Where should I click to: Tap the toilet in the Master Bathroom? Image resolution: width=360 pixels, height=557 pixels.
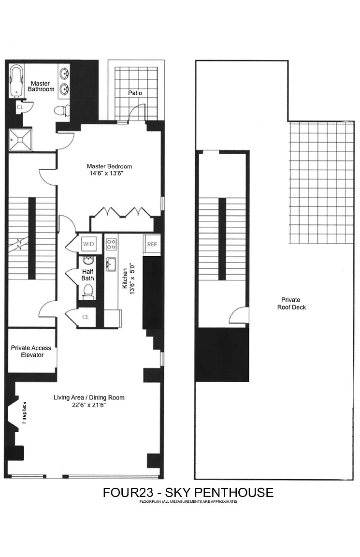pyautogui.click(x=62, y=110)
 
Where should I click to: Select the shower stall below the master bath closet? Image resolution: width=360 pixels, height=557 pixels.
pyautogui.click(x=20, y=140)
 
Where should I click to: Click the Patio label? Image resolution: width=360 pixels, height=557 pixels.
pyautogui.click(x=135, y=93)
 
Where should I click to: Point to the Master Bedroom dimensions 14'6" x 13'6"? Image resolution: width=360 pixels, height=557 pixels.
pyautogui.click(x=106, y=174)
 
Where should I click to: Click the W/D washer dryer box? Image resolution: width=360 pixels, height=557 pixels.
pyautogui.click(x=88, y=244)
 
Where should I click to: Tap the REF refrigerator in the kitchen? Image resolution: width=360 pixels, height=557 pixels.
pyautogui.click(x=152, y=244)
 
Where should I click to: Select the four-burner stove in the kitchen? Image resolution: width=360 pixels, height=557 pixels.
pyautogui.click(x=111, y=244)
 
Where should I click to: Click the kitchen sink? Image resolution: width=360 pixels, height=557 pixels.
pyautogui.click(x=111, y=264)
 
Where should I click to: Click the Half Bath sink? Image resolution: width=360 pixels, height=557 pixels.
pyautogui.click(x=88, y=261)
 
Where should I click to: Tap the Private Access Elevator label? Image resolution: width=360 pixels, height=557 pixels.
pyautogui.click(x=31, y=352)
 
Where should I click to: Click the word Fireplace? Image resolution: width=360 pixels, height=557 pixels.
pyautogui.click(x=24, y=412)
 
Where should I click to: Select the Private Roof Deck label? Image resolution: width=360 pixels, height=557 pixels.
pyautogui.click(x=291, y=303)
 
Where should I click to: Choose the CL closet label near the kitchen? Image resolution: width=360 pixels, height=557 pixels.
pyautogui.click(x=86, y=317)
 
